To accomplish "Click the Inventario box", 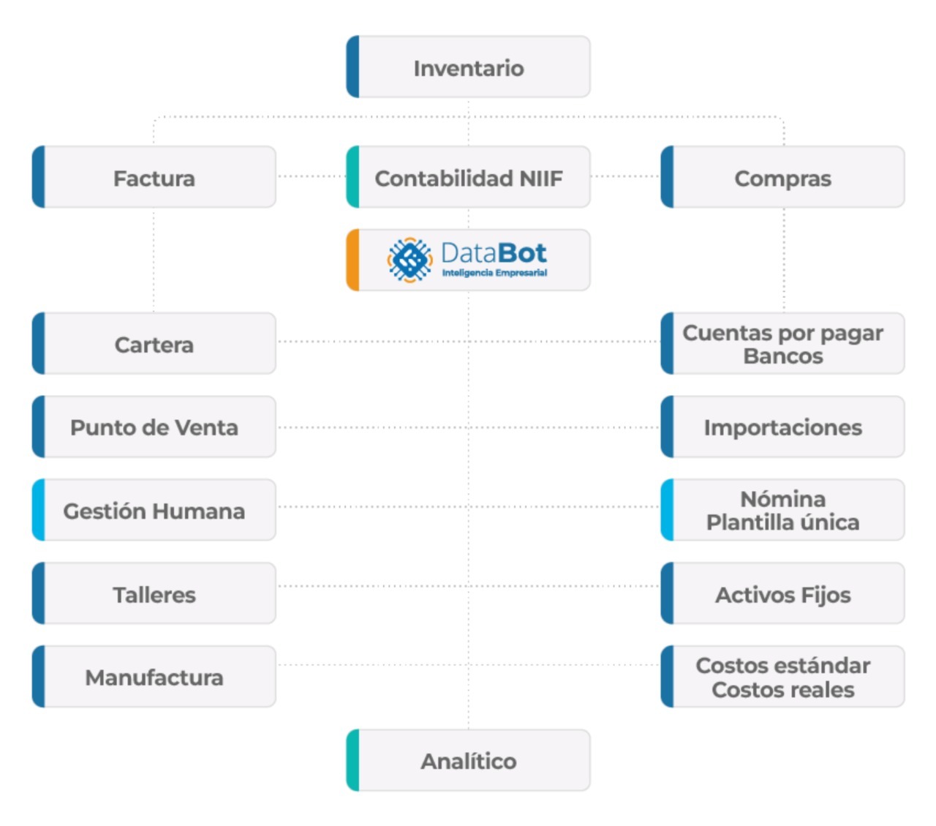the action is click(468, 67).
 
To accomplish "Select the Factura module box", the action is click(154, 176).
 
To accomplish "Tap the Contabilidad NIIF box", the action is click(468, 176).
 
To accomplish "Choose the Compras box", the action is click(782, 176).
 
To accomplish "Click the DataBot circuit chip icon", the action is click(409, 260).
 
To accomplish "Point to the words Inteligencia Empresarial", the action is click(494, 273).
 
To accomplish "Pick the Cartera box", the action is click(154, 343).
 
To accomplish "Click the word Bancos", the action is click(783, 356).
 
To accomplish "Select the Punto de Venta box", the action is click(154, 427).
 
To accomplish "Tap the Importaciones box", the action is click(782, 427).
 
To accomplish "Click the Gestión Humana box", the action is click(154, 510).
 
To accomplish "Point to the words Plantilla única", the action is click(782, 523).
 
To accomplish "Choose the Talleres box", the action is click(154, 593).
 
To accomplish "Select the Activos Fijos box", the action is click(782, 593).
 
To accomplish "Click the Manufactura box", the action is click(154, 676).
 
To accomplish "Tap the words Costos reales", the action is click(782, 690).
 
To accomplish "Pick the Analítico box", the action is click(468, 760).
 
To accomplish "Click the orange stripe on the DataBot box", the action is click(353, 260).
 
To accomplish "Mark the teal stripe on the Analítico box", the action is click(353, 760).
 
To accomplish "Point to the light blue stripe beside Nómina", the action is click(667, 510).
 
